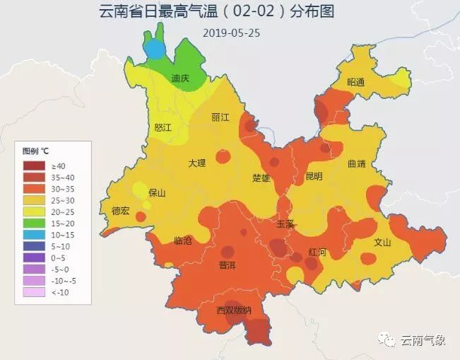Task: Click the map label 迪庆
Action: coord(181,79)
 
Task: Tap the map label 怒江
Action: coord(163,127)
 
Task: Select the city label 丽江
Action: coord(220,117)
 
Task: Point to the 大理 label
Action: coord(197,163)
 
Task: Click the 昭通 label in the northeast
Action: coord(356,83)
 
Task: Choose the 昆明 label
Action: coord(313,176)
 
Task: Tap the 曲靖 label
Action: coord(357,163)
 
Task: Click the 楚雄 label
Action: coord(261,178)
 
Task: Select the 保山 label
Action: coord(157,192)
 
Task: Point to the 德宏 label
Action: coord(121,211)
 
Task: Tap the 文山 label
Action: coord(382,242)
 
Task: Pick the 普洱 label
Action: coord(228,265)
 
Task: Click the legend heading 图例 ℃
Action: coord(35,151)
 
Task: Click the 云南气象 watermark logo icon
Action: coord(389,340)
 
